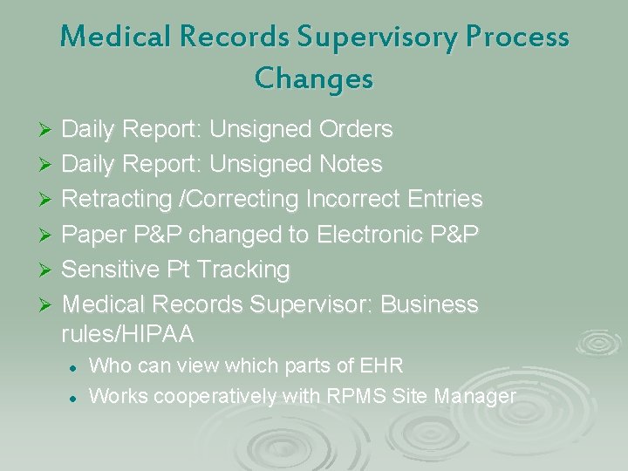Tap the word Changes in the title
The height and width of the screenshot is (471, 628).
point(314,78)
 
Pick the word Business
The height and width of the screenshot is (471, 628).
point(430,304)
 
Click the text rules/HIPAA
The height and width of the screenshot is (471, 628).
point(128,334)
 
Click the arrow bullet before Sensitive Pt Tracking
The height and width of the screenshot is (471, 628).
point(48,270)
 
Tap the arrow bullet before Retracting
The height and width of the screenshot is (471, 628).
point(48,200)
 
